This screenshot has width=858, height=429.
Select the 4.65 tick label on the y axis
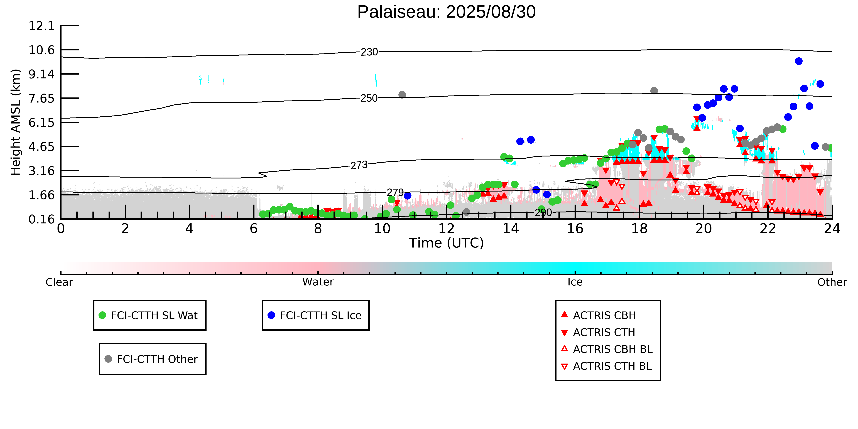point(41,147)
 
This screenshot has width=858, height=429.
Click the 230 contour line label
point(369,52)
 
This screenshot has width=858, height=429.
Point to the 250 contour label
point(369,98)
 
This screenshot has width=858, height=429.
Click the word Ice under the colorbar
point(575,282)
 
